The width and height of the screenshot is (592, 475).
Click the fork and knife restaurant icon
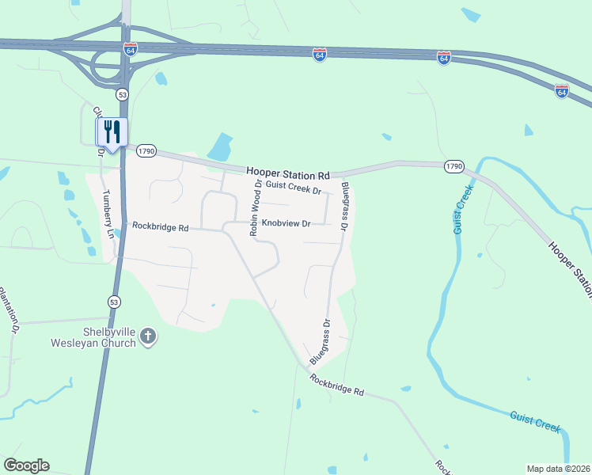pos(112,131)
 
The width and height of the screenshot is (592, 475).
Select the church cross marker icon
pos(148,338)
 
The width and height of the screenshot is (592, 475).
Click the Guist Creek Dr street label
pos(293,188)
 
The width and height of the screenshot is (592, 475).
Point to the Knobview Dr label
pos(287,224)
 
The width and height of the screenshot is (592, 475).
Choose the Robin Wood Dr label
pos(255,208)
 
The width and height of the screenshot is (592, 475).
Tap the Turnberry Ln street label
pos(109,214)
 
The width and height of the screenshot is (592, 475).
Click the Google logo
pos(26,465)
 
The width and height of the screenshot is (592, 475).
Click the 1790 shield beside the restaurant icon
pos(146,150)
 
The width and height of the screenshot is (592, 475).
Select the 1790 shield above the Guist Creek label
pos(453,165)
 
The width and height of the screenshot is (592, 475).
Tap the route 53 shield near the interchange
pos(122,94)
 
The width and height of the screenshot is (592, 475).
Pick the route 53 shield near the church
pos(114,301)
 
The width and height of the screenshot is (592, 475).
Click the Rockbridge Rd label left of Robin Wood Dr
pos(160,227)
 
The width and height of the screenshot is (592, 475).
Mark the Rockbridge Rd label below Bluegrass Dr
pos(336,386)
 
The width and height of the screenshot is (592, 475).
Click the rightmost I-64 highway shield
pos(561,91)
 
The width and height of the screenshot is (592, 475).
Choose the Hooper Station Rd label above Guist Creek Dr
pos(287,173)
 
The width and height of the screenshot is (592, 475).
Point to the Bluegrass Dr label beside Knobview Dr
pos(345,206)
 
